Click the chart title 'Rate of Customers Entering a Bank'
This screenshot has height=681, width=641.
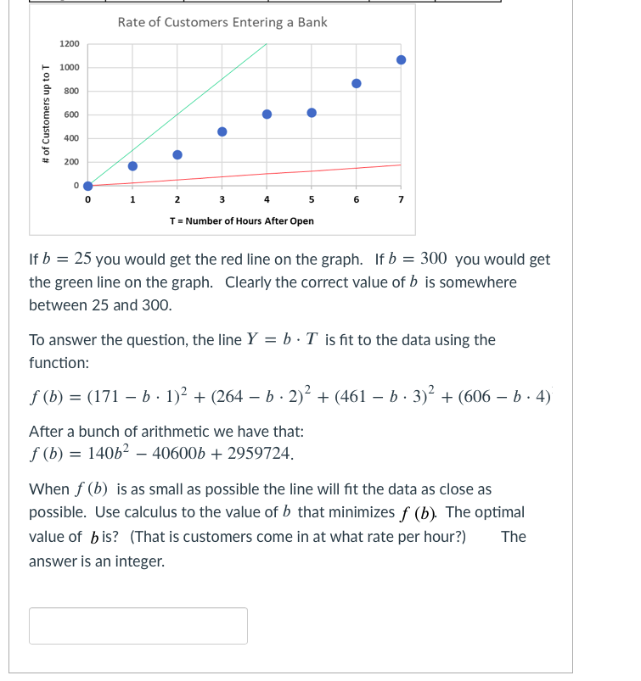[222, 22]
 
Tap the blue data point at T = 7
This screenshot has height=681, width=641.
[401, 59]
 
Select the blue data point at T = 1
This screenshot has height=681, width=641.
[132, 165]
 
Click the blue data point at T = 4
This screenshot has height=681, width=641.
[267, 114]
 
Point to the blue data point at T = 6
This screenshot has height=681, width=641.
[357, 83]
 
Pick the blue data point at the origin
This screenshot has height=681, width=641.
[87, 186]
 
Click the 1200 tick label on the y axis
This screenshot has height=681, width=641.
[70, 44]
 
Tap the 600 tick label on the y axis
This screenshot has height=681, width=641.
[72, 114]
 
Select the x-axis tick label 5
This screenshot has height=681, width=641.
[312, 201]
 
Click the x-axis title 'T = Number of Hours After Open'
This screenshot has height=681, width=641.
[242, 220]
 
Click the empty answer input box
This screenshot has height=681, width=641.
[138, 626]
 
